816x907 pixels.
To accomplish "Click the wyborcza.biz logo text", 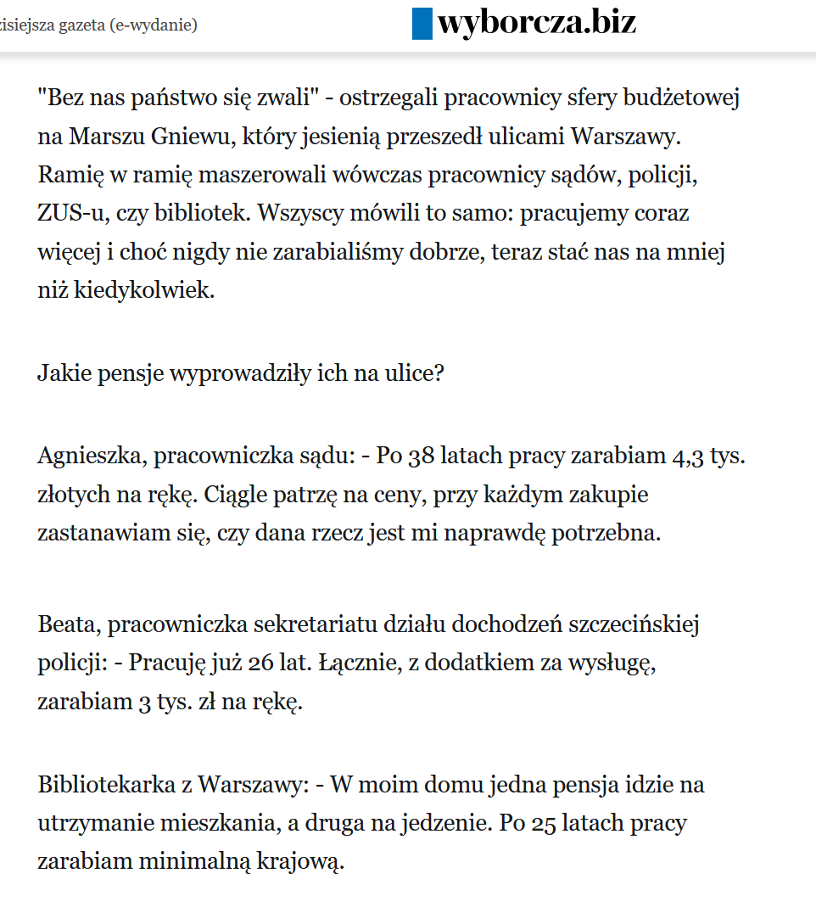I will pos(536,23).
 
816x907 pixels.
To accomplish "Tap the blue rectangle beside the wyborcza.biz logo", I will pos(422,23).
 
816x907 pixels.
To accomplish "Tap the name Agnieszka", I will pos(91,456).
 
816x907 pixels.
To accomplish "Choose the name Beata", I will pos(67,625).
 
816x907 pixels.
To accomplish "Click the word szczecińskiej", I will pos(624,625).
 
